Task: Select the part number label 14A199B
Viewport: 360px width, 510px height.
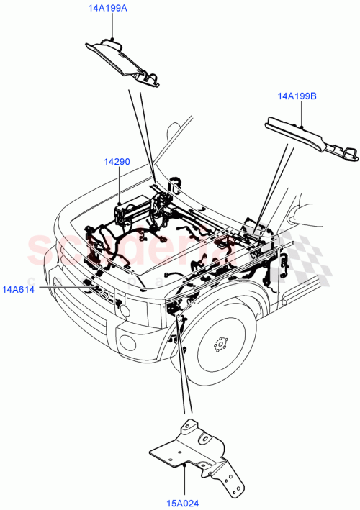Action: coord(298,94)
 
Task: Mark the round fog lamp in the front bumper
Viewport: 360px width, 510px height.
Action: coord(124,311)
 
